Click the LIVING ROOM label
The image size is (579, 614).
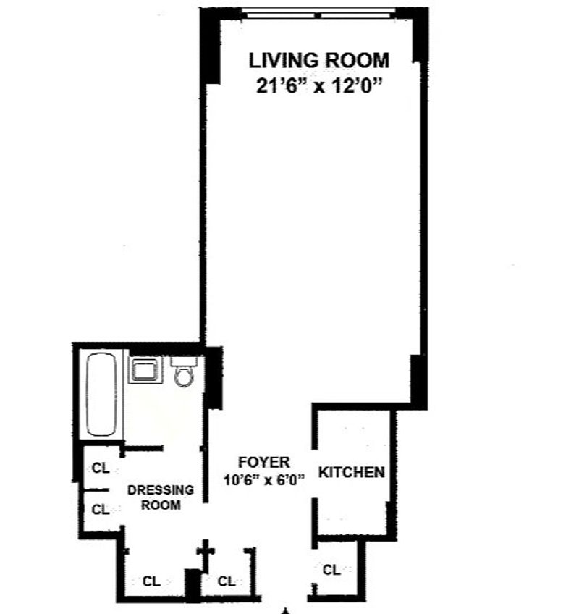319,61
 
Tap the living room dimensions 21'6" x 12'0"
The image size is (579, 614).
319,85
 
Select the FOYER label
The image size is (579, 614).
264,463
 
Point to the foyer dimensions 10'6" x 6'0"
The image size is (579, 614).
264,479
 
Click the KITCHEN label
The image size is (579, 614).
352,472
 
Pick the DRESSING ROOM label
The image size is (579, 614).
161,497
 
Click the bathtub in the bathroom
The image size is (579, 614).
101,395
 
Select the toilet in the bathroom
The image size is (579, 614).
184,371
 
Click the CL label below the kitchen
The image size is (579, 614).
331,570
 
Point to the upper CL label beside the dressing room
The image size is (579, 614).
101,468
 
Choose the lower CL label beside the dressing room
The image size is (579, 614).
101,510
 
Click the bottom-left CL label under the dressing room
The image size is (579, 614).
151,581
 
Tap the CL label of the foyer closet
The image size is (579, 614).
227,581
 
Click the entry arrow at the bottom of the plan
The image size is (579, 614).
286,611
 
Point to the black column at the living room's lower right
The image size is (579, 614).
418,379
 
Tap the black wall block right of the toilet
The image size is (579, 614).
214,378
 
